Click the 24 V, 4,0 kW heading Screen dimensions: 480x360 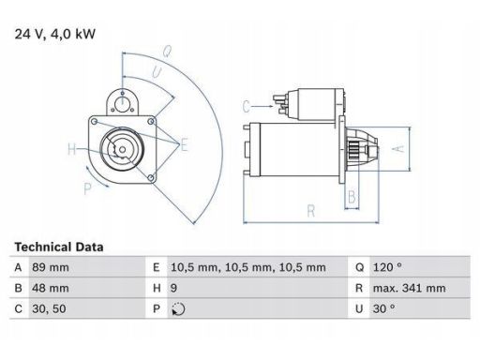click(55, 34)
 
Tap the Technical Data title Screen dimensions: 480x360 click(59, 247)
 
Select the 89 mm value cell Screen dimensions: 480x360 click(51, 267)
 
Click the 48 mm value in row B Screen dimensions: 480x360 click(51, 288)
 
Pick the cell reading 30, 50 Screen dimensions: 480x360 click(49, 308)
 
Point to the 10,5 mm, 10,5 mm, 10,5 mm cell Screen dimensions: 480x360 click(248, 267)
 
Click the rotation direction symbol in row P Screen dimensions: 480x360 click(178, 309)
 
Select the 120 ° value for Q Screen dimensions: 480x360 click(387, 267)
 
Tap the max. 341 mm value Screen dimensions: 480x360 click(409, 288)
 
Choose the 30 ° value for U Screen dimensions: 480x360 click(383, 308)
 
